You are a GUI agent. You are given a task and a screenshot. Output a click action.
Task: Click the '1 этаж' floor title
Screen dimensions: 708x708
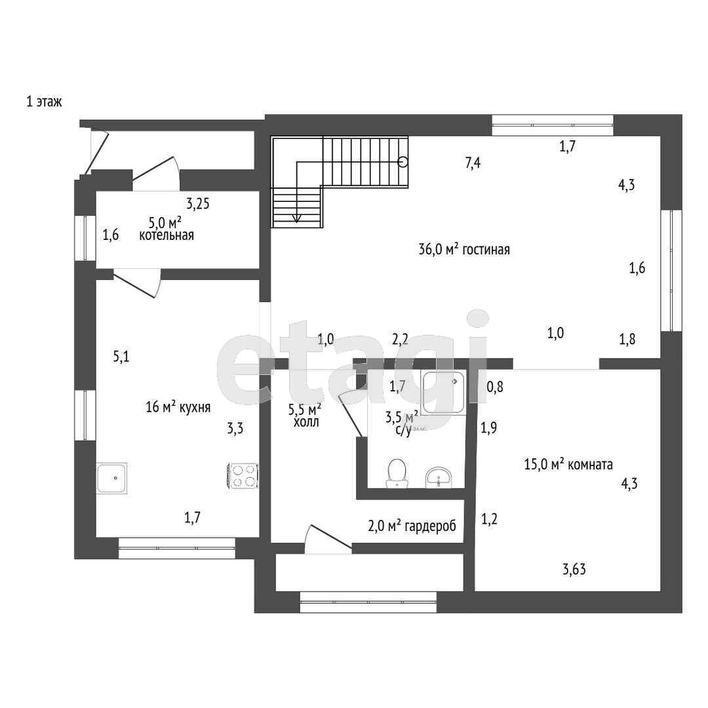(x=45, y=102)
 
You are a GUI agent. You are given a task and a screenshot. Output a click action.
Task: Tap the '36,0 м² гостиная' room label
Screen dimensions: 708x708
(x=464, y=249)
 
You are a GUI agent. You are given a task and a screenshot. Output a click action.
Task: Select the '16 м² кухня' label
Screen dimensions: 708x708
(x=178, y=407)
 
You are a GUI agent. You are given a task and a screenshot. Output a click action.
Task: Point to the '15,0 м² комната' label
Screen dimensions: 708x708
(x=568, y=464)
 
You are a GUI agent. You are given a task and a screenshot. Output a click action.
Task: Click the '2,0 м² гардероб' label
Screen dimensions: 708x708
(x=412, y=526)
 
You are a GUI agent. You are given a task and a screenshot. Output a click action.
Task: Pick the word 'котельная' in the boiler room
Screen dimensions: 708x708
(x=167, y=235)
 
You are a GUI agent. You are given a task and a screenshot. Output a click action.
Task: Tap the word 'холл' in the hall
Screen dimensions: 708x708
(x=306, y=422)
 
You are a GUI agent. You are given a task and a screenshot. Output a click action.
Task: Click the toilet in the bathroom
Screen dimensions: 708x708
(x=397, y=473)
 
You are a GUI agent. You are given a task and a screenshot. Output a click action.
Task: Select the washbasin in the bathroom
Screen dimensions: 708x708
(x=438, y=477)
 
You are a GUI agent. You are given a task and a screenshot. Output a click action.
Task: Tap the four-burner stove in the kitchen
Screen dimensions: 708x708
(x=242, y=476)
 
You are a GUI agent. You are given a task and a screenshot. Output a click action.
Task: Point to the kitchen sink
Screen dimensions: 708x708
(x=111, y=478)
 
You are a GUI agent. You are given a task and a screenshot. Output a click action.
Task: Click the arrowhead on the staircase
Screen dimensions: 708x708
(x=297, y=218)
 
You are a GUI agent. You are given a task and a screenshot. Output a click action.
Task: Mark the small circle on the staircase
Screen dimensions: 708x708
(x=403, y=162)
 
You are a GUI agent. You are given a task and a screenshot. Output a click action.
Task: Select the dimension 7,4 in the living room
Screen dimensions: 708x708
(x=473, y=163)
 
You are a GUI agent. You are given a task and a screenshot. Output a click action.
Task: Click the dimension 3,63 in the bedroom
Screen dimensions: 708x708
(x=574, y=569)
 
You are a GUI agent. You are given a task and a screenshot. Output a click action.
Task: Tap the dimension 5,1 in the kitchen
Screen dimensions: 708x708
(x=121, y=357)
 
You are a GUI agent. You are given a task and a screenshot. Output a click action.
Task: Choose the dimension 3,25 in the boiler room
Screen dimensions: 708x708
(x=198, y=204)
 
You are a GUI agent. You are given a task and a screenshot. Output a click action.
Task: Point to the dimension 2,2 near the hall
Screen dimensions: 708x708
(x=400, y=339)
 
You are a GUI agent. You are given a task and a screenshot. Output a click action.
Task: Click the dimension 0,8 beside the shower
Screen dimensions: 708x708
(x=495, y=387)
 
